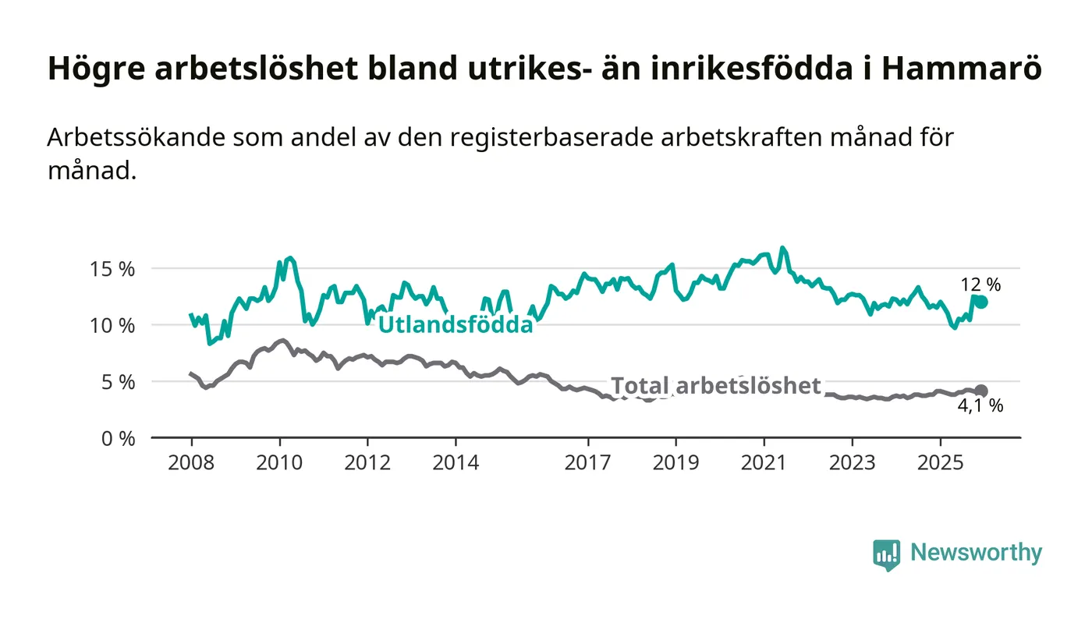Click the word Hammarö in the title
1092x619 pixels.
click(963, 69)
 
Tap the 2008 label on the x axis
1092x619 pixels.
click(191, 462)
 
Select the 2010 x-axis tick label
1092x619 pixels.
click(279, 462)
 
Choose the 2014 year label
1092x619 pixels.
click(456, 462)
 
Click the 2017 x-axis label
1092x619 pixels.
click(587, 462)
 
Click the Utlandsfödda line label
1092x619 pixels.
click(456, 325)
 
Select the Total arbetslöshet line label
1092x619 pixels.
click(715, 385)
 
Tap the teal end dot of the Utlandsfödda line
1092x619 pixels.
click(981, 302)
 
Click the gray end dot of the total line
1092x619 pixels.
click(981, 391)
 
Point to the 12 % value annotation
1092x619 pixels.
click(980, 285)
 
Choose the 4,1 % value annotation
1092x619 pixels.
click(980, 406)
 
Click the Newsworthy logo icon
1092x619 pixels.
click(886, 554)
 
